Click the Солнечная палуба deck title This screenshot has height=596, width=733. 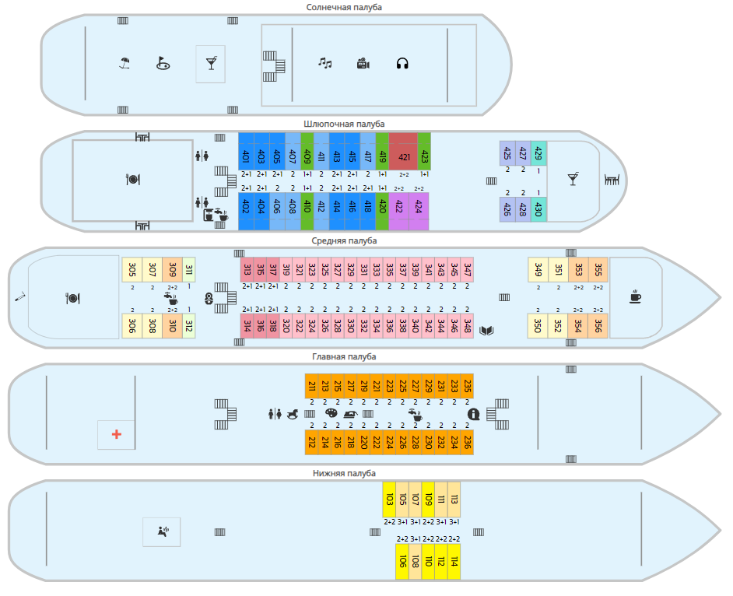pos(344,7)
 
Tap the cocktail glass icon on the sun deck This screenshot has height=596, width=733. pos(210,63)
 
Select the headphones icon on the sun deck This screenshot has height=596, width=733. pos(402,64)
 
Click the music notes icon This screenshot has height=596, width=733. pos(325,63)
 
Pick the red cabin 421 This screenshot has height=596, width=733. pos(403,156)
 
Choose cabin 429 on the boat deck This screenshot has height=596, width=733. pos(538,153)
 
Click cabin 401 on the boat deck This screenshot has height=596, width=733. pos(246,156)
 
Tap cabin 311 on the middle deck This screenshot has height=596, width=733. pos(188,270)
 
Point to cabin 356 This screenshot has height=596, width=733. pos(598,325)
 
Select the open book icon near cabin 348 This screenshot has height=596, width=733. pos(487,331)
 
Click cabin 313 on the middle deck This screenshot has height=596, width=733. pos(247,270)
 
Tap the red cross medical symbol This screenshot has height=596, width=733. pos(117,434)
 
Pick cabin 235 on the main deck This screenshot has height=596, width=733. pos(467,386)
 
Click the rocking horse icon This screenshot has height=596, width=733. pos(294,414)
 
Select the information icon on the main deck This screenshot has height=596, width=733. pos(472,414)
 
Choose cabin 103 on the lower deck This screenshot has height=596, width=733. pos(389,499)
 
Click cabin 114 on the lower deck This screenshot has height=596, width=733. pos(454,561)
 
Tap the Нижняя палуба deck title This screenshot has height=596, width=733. pos(344,473)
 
